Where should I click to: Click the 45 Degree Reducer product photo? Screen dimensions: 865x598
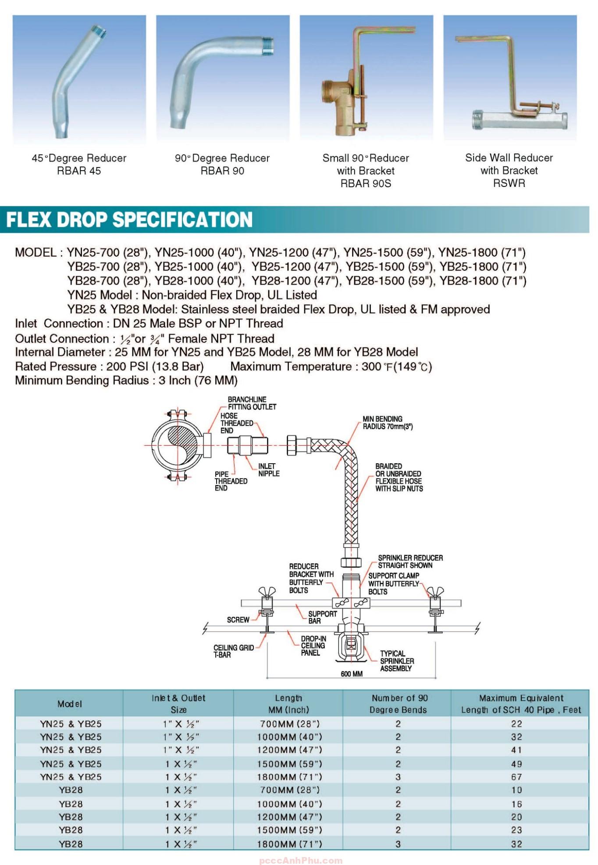point(79,79)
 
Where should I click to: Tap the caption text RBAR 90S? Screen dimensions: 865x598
point(366,184)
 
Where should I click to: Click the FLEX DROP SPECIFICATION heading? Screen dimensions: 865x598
point(129,220)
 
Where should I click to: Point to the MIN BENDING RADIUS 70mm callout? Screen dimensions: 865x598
point(388,423)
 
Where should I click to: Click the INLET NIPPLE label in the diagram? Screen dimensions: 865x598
point(268,470)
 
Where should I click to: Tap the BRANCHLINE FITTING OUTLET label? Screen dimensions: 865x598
point(252,403)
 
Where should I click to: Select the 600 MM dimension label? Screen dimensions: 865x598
point(352,674)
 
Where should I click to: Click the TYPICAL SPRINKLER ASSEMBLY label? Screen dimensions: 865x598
point(396,661)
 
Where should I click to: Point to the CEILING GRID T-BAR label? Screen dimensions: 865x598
point(233,651)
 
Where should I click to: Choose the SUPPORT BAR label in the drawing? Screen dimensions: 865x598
point(322,617)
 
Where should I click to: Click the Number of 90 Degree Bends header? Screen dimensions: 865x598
point(398,704)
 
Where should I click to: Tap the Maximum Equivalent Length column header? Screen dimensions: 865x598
point(521,704)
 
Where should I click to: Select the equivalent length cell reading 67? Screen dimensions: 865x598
point(516,777)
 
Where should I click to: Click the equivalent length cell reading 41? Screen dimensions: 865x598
point(516,750)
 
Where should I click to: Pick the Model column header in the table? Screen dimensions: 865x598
point(70,704)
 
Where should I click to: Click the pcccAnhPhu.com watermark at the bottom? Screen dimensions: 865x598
point(301,861)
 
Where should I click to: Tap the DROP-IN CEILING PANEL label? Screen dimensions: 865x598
point(313,646)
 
